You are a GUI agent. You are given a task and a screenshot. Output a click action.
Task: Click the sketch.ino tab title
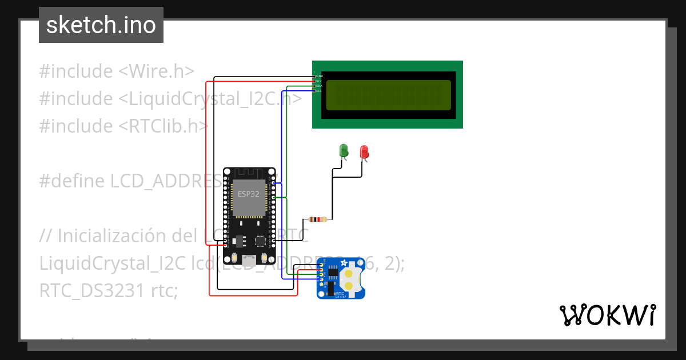point(101,25)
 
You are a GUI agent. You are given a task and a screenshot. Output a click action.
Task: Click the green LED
point(344,150)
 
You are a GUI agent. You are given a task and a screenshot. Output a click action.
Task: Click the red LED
point(364,151)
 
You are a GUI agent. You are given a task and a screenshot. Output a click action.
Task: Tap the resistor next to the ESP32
point(317,219)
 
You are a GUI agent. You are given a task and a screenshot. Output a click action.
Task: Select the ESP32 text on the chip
point(249,194)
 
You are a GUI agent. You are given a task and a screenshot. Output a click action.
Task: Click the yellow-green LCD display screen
point(388,94)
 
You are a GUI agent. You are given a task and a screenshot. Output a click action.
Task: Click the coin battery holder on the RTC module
point(348,278)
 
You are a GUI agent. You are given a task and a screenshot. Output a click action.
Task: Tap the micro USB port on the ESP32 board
point(249,259)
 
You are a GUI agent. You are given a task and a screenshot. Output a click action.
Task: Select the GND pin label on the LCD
point(319,76)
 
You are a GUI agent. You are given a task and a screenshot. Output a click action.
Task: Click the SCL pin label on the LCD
point(319,91)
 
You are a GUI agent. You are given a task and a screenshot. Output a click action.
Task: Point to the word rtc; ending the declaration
point(165,290)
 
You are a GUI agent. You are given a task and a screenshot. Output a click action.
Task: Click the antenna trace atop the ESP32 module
point(249,173)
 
